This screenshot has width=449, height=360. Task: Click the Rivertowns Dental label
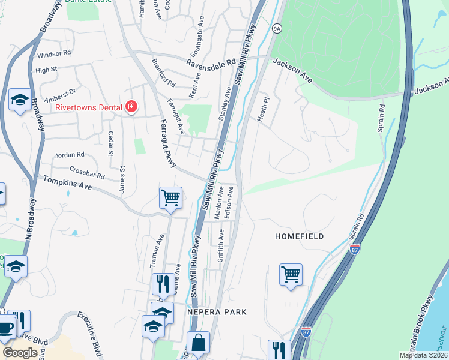pyautogui.click(x=88, y=108)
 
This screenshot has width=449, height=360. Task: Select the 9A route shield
pyautogui.click(x=277, y=28)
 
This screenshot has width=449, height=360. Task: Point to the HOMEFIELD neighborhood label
pyautogui.click(x=299, y=236)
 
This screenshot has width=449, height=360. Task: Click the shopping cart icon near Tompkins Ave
pyautogui.click(x=171, y=197)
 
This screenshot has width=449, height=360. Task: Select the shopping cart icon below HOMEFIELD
pyautogui.click(x=291, y=274)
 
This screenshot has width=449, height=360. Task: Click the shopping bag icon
pyautogui.click(x=198, y=343)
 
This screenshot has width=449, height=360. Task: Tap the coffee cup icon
pyautogui.click(x=7, y=329)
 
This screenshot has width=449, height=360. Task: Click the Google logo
pyautogui.click(x=20, y=353)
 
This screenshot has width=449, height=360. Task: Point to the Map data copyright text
pyautogui.click(x=423, y=355)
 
